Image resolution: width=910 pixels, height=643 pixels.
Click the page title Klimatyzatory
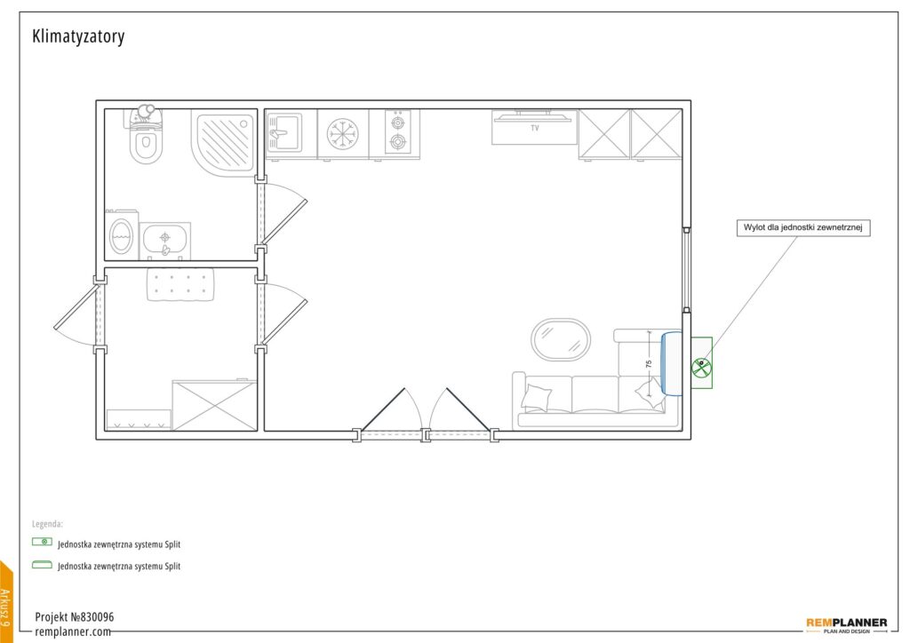78,36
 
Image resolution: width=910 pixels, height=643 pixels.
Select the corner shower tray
224,141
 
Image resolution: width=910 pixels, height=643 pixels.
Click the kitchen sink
284,133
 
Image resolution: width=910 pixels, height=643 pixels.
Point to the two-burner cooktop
398,131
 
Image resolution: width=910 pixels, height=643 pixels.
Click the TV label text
535,128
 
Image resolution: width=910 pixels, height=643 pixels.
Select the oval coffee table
561,339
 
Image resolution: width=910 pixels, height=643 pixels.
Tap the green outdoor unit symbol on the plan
702,363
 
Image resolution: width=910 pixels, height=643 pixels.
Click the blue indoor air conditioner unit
673,363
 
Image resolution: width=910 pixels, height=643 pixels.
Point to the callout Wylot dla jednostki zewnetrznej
803,227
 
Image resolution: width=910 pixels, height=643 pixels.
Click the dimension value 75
649,364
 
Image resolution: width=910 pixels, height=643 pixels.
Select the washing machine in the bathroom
121,234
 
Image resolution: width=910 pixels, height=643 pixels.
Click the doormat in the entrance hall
180,284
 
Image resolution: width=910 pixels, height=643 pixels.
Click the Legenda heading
48,524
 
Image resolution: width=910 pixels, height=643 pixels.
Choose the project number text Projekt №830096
75,617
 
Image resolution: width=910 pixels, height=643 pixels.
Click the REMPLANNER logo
847,625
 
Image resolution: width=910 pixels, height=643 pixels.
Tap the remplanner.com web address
73,631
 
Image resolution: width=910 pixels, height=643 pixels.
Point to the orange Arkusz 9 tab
6,603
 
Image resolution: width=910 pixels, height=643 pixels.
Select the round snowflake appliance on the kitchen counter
342,134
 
